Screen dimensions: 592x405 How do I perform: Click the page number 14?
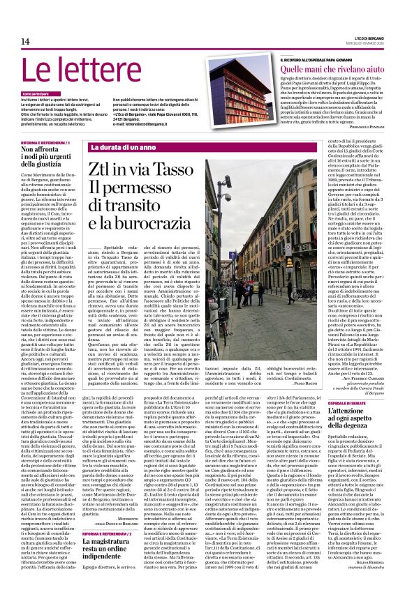coord(25,42)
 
